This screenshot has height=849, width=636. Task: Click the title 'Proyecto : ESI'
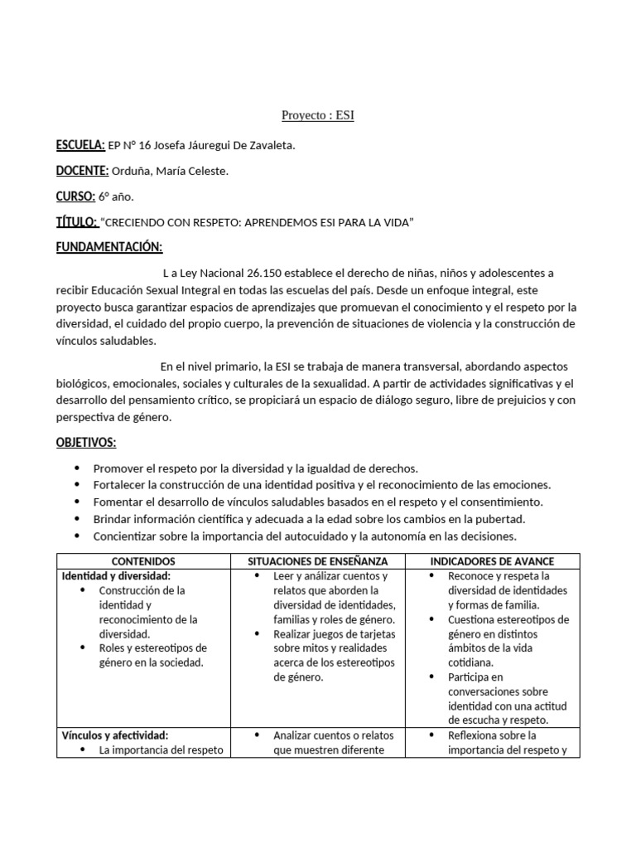318,116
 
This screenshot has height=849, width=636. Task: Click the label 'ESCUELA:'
80,146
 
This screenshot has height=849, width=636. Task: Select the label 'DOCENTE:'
82,171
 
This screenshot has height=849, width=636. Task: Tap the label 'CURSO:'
75,196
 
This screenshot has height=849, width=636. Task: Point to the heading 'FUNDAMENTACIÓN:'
109,248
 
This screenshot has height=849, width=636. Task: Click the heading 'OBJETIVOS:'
86,443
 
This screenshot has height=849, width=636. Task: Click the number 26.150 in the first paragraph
281,273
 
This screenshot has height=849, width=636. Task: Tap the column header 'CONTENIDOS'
142,561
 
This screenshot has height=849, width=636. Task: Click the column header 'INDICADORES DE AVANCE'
492,561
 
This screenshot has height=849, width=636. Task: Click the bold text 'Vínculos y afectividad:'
115,735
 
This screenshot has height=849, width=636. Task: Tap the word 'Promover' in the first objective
119,468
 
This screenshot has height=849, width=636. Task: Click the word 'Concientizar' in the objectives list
128,536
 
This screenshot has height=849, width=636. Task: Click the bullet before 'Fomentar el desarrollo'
78,502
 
